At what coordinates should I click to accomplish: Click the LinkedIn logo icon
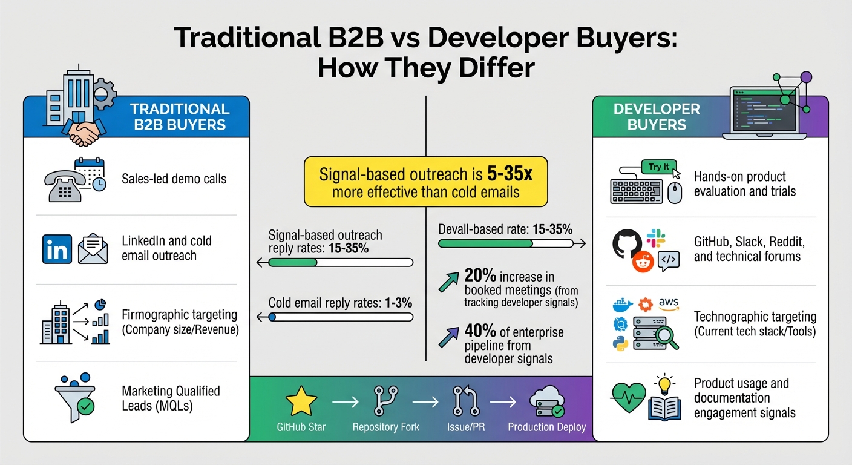tap(57, 249)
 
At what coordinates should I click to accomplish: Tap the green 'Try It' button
tap(659, 167)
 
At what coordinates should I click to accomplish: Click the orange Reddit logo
tap(643, 262)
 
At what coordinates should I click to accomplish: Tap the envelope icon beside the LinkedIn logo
tap(93, 249)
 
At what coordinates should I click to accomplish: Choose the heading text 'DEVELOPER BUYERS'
tap(657, 117)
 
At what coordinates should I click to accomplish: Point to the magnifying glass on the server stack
tap(665, 335)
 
